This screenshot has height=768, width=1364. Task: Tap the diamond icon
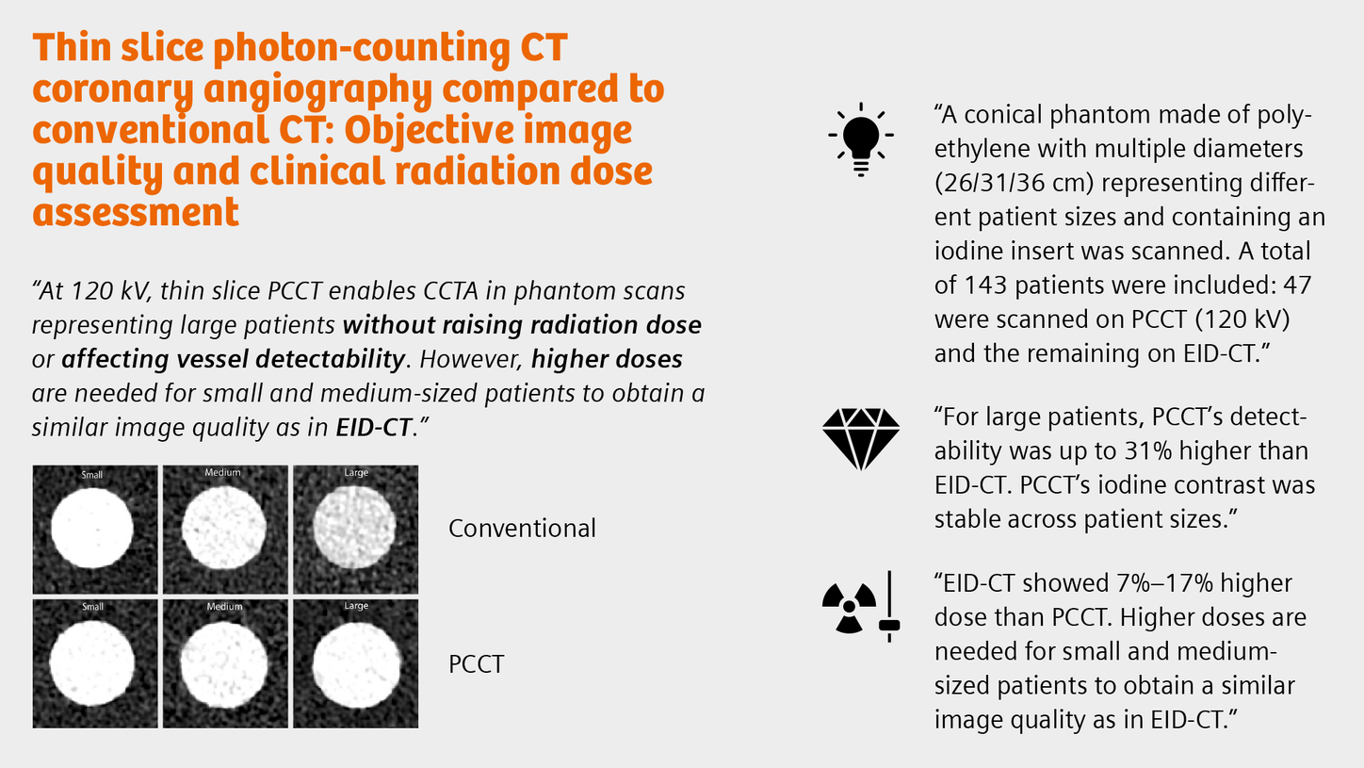click(x=860, y=439)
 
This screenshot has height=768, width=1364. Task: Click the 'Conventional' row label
click(x=522, y=528)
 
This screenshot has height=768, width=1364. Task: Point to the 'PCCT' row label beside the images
click(x=476, y=663)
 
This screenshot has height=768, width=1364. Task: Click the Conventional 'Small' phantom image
click(x=95, y=530)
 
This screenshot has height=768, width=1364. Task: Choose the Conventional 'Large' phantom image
click(x=355, y=530)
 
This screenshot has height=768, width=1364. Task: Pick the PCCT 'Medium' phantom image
click(x=225, y=663)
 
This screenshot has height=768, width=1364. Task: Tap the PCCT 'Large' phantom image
click(x=355, y=663)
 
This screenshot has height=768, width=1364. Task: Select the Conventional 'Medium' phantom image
click(x=225, y=530)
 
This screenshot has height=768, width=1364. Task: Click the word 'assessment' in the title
click(x=136, y=212)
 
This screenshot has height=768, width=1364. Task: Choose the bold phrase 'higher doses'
click(x=607, y=359)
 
